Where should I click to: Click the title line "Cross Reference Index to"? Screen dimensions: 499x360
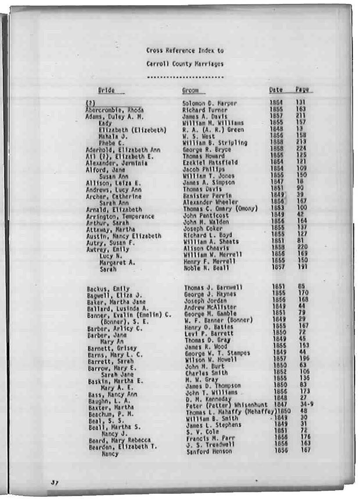pos(185,51)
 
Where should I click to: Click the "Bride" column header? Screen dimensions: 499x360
pos(106,90)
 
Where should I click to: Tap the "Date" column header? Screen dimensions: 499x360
pos(276,90)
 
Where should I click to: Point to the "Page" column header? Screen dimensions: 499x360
pos(302,89)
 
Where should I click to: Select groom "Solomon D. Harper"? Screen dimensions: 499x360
pos(209,104)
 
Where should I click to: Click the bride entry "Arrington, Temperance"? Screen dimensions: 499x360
pos(120,216)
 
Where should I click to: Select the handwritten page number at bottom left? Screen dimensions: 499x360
pos(54,482)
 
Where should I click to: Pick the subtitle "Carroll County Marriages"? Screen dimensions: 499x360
pos(185,64)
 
